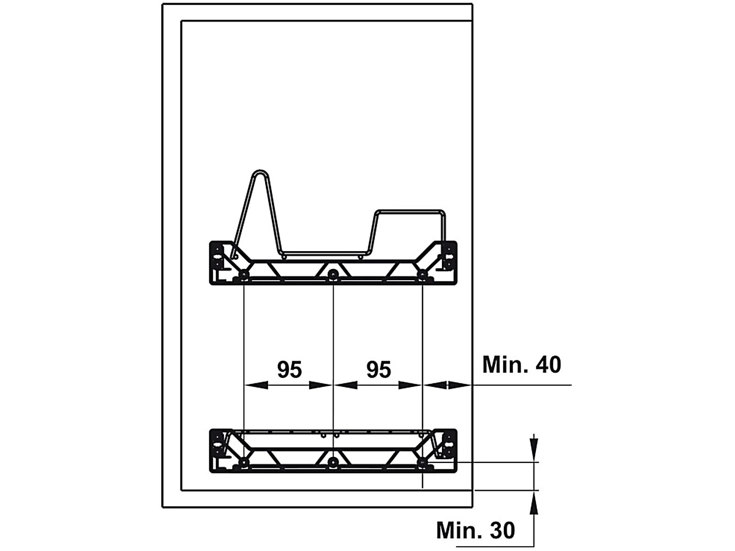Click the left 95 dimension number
point(289,369)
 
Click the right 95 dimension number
point(379,369)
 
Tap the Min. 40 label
point(522,365)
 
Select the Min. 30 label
point(476,530)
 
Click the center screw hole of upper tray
point(332,275)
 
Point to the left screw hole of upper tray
point(243,275)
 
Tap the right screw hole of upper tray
point(422,275)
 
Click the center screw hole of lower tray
point(332,462)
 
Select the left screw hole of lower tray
point(243,462)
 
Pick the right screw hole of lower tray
point(422,462)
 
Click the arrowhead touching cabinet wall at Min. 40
point(459,385)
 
